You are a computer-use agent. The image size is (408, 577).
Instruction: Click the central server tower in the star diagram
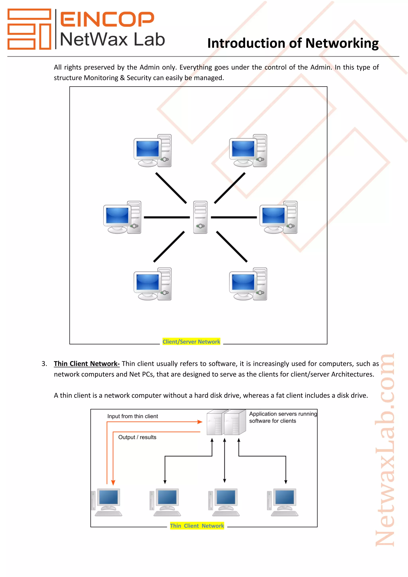tap(200, 217)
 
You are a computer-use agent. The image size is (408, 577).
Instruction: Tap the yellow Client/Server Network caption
tap(191, 341)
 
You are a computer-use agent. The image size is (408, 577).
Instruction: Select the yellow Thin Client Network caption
tap(197, 526)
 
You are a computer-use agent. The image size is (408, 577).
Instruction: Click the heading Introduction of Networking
tap(293, 43)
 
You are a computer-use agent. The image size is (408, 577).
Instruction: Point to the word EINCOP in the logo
tap(107, 19)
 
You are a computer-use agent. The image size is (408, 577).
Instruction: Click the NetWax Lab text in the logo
tap(112, 40)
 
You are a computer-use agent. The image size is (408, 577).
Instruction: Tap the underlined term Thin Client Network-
tap(87, 364)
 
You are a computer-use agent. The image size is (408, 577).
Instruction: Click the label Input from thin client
tap(133, 416)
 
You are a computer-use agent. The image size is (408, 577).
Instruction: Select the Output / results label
tap(137, 437)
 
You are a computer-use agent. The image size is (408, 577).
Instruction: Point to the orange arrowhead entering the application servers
tap(200, 422)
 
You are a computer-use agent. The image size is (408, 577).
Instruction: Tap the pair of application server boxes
tap(226, 422)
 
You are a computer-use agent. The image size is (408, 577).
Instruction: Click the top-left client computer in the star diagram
tap(152, 151)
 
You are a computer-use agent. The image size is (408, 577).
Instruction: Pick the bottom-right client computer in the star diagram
tap(248, 284)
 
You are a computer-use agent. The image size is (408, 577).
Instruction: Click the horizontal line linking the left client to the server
tap(167, 217)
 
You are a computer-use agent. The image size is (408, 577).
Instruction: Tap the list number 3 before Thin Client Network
tap(44, 364)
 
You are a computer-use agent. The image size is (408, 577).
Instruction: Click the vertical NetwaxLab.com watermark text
tap(384, 450)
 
